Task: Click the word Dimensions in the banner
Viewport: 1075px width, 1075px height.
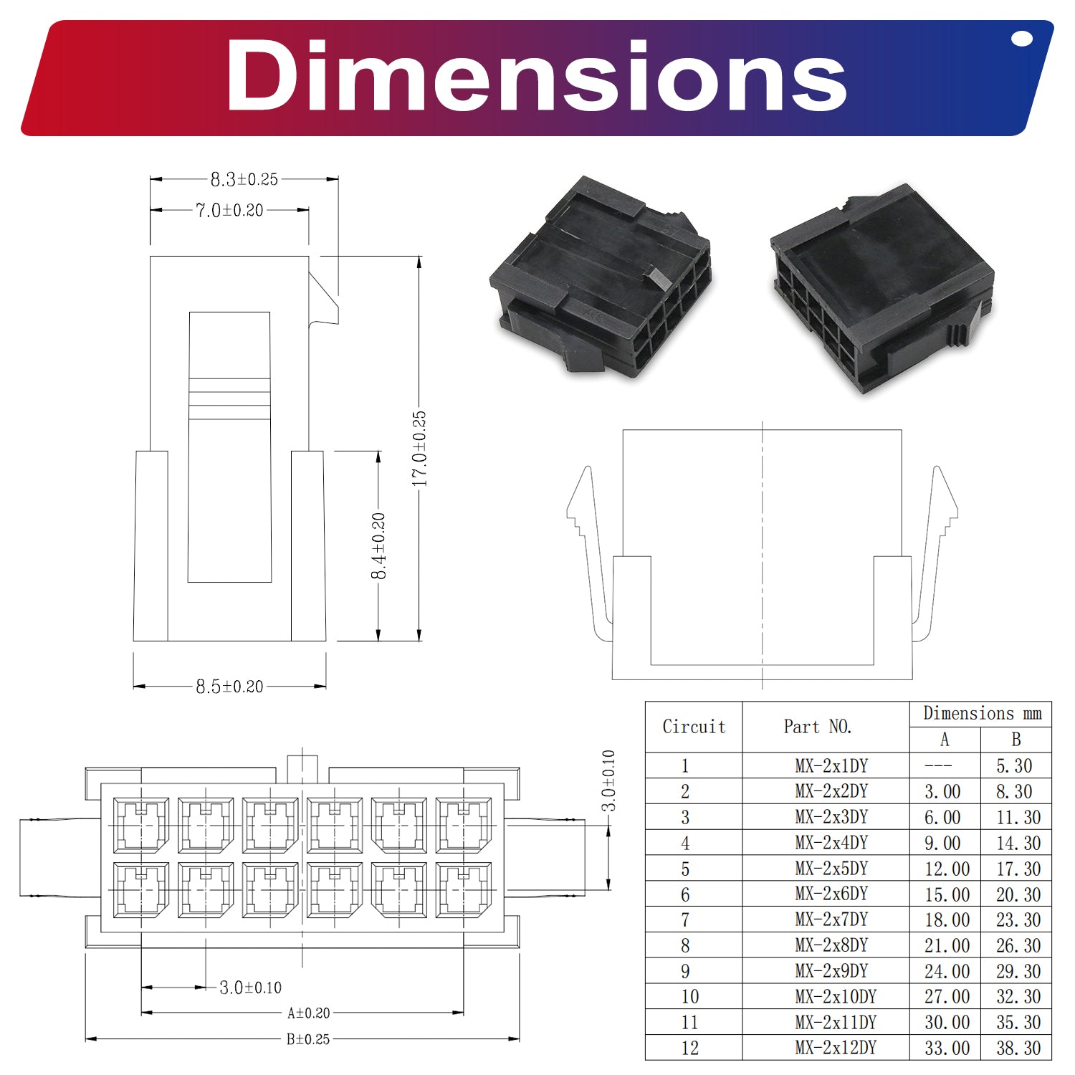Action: (536, 76)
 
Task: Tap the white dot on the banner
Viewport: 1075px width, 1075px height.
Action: (1021, 39)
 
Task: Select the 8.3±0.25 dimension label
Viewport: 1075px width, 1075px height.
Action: (244, 179)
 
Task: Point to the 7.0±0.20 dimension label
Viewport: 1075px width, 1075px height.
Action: (229, 210)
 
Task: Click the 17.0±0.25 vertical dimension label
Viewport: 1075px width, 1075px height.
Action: (419, 449)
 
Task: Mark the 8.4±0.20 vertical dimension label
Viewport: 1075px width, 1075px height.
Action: (378, 546)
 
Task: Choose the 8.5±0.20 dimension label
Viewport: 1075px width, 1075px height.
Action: (229, 687)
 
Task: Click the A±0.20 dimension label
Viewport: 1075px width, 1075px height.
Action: (309, 1013)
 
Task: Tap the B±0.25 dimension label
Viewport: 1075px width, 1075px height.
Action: (308, 1039)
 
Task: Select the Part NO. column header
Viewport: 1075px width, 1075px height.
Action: (818, 727)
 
